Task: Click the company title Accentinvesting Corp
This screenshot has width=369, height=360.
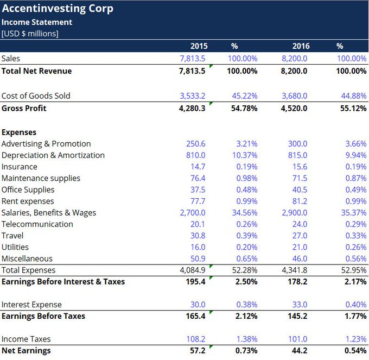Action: click(x=57, y=9)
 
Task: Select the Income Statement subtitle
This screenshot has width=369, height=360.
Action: click(x=37, y=22)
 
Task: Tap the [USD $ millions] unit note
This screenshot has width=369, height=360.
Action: click(x=30, y=34)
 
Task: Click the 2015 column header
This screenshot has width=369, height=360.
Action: click(x=199, y=46)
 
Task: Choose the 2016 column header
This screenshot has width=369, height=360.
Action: click(x=301, y=46)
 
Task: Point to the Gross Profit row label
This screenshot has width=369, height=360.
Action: click(x=24, y=108)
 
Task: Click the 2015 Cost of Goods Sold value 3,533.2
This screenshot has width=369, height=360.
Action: click(x=193, y=96)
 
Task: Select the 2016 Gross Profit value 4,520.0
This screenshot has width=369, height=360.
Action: click(x=294, y=108)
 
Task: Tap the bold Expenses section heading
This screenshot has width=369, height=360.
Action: click(x=19, y=132)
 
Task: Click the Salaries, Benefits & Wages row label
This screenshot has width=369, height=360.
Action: click(x=49, y=212)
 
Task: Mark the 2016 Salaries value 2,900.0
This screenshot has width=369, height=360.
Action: click(x=294, y=212)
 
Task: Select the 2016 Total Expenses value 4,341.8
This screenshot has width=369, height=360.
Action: click(x=294, y=270)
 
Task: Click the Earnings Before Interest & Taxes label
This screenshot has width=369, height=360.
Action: click(x=63, y=281)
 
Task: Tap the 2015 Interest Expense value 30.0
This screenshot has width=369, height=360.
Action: click(x=198, y=305)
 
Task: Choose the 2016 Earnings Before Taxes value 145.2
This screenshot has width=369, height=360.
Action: click(x=297, y=316)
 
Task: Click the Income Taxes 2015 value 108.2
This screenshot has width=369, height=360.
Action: click(x=196, y=339)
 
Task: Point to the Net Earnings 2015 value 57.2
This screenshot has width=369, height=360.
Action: click(x=198, y=350)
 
